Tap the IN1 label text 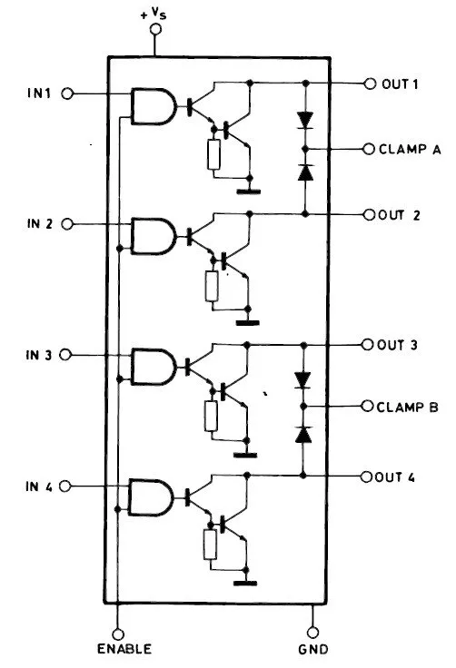41,93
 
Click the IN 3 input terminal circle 65,356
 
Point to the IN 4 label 39,487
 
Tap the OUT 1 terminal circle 370,83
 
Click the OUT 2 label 400,215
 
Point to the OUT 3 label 399,345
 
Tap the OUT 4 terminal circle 368,476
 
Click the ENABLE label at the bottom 124,650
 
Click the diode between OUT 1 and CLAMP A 305,118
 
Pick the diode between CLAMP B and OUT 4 305,435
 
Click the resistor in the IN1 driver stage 213,155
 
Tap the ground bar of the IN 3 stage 246,453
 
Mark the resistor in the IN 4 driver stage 212,545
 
